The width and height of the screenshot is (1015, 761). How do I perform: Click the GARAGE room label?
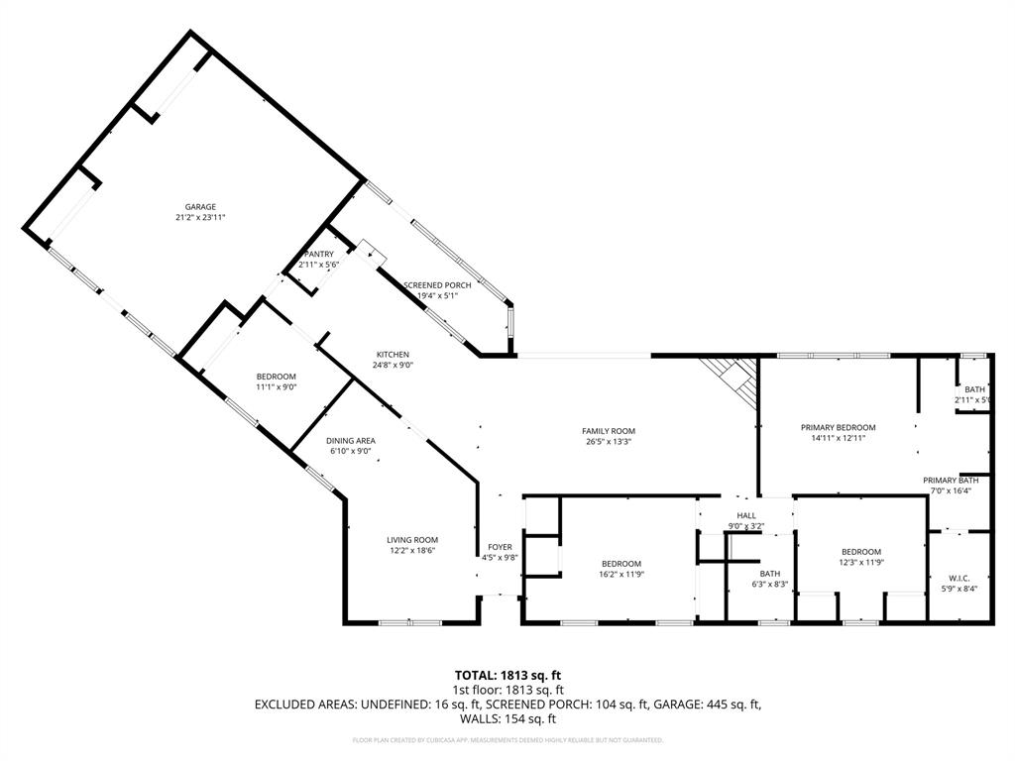[x=200, y=207]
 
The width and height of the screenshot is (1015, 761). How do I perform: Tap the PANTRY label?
[x=319, y=255]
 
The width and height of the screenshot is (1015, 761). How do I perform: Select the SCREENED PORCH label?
[x=437, y=285]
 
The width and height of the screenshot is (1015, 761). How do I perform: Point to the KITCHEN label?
[x=393, y=355]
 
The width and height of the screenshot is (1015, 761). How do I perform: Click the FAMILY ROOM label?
[x=608, y=431]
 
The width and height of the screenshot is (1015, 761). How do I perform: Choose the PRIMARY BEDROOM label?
[x=838, y=428]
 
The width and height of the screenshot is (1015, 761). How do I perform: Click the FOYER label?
[x=500, y=547]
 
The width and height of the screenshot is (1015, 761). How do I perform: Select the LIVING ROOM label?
[x=412, y=540]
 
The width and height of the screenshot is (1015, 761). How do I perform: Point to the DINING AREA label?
[x=351, y=441]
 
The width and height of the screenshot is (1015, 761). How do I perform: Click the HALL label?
[x=746, y=515]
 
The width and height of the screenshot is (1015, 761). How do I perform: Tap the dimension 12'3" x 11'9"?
[x=861, y=563]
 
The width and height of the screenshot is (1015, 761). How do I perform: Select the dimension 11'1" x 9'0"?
[x=276, y=386]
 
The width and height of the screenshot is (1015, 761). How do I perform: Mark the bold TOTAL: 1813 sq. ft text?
[x=507, y=676]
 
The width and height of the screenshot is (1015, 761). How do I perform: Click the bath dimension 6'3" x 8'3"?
[x=770, y=585]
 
